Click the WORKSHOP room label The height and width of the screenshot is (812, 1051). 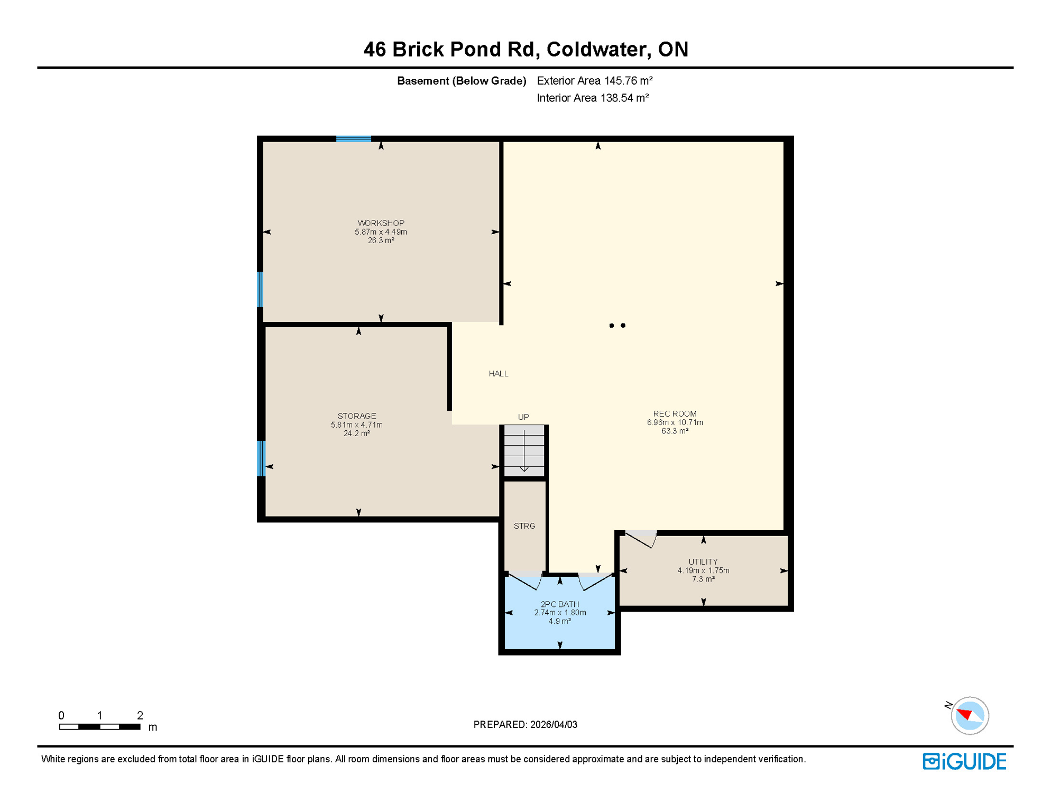tap(381, 223)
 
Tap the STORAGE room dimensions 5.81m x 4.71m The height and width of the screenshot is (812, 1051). tap(357, 425)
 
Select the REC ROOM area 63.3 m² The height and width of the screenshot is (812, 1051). tap(675, 431)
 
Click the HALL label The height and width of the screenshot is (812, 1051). tap(498, 374)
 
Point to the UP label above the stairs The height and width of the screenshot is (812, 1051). tap(523, 417)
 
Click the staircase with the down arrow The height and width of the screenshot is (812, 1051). tap(524, 451)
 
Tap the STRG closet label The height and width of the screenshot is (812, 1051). tap(524, 526)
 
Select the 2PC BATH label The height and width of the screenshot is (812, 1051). tap(559, 604)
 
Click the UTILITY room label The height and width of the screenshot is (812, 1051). tap(703, 562)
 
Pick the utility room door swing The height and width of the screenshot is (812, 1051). tap(641, 540)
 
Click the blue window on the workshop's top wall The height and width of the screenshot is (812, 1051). tap(353, 139)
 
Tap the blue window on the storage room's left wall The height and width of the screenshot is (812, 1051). tap(261, 458)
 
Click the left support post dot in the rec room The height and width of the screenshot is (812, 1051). tap(611, 326)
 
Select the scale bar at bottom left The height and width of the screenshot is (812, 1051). tap(99, 727)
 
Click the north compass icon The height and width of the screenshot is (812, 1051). tap(969, 716)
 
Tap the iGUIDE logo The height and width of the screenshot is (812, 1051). tap(964, 762)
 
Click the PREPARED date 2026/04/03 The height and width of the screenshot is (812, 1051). tap(554, 725)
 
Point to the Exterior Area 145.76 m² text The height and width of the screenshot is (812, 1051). tap(594, 81)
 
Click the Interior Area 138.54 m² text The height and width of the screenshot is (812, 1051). tap(592, 98)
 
